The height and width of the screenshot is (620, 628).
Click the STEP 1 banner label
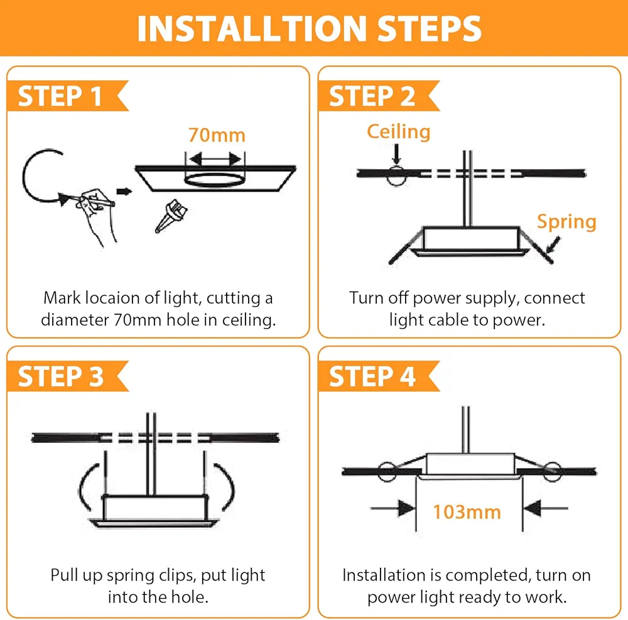60,96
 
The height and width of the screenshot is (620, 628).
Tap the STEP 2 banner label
372,96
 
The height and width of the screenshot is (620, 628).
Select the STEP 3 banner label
60,376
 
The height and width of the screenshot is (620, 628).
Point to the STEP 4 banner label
372,376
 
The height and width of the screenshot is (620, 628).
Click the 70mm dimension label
217,135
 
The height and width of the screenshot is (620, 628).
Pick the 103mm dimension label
467,512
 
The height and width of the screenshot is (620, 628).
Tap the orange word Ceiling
399,132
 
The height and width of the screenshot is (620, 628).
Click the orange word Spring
566,222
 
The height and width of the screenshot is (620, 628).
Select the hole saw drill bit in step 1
171,216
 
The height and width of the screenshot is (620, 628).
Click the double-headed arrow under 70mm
215,159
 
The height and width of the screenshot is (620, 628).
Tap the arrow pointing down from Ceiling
396,154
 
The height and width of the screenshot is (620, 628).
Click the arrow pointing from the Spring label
553,244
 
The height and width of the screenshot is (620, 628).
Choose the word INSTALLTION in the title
252,29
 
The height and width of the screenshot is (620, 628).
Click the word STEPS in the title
430,29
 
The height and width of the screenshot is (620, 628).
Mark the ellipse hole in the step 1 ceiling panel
214,180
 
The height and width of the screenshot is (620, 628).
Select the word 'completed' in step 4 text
488,576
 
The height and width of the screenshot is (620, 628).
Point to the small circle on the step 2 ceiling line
396,176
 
